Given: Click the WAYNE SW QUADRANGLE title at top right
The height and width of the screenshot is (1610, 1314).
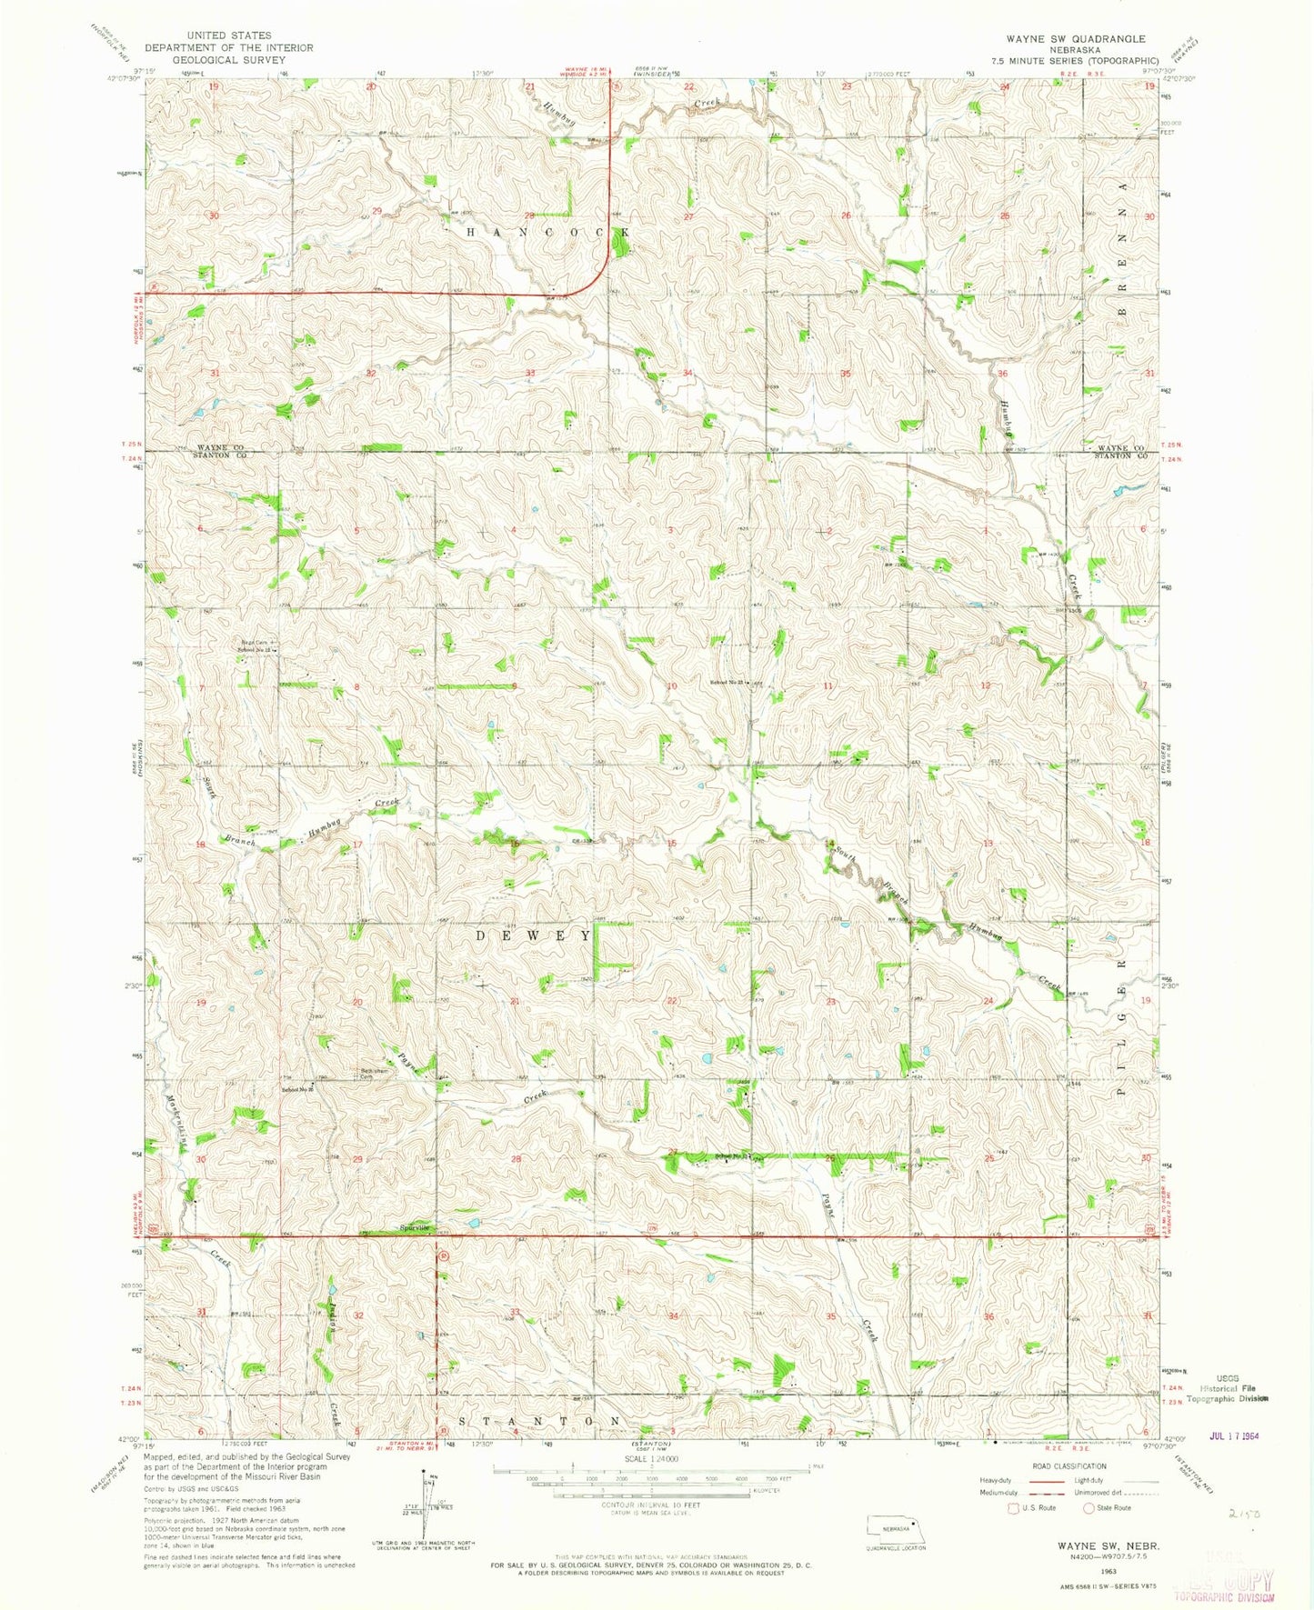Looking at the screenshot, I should coord(1075,39).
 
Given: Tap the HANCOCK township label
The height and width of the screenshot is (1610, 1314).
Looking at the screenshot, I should coord(548,233).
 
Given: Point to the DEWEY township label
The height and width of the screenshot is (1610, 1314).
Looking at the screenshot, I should coord(536,935).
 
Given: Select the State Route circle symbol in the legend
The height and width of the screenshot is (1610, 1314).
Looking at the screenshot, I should coord(1088,1507).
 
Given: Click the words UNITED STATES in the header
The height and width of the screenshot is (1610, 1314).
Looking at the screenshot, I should coord(227,35).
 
